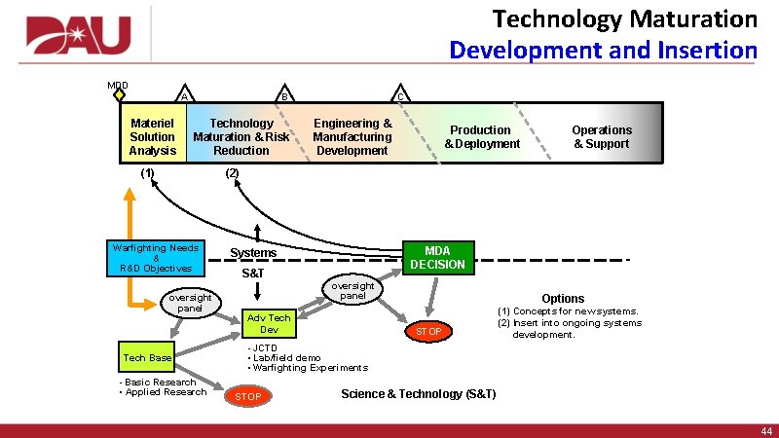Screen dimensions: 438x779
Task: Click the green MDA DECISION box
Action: click(x=437, y=258)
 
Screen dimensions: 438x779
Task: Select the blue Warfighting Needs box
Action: click(x=156, y=258)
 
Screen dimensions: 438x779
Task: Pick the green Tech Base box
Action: click(x=147, y=358)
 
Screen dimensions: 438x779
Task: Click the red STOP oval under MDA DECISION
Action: click(x=428, y=332)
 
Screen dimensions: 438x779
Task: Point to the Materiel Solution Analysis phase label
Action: click(x=153, y=137)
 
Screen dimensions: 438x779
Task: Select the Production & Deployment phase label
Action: click(x=482, y=137)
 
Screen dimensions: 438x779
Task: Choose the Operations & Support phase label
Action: click(x=602, y=137)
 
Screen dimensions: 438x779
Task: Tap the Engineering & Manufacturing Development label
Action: click(x=352, y=137)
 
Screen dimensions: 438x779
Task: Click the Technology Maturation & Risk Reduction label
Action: click(x=241, y=137)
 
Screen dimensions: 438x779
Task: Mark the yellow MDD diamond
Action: click(x=119, y=95)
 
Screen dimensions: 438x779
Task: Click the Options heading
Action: click(x=563, y=299)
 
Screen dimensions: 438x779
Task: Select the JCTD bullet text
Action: click(x=265, y=347)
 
